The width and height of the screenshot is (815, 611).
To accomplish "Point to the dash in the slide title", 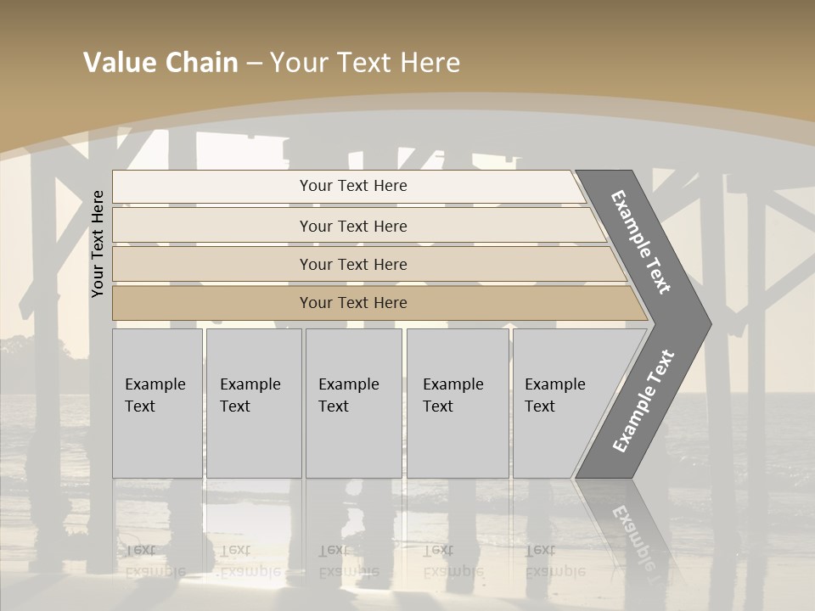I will pos(254,64).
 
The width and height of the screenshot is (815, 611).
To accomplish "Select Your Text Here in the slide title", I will pos(365,63).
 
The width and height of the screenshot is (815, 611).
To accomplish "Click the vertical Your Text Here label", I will pos(98,244).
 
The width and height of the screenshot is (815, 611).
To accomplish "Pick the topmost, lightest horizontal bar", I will pos(348,186).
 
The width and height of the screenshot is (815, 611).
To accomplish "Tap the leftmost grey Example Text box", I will pos(157,403).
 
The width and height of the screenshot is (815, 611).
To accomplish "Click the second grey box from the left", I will pos(253,403).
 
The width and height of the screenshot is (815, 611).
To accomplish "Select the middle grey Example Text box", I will pos(353,403).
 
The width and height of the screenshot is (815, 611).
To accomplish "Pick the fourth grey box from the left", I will pos(457,403).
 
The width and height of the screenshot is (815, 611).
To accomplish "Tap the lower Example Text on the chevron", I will pos(644,401).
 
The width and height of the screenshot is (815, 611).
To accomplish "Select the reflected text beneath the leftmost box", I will pos(155,560).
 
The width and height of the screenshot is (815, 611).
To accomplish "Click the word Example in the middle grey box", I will pos(348,384).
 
